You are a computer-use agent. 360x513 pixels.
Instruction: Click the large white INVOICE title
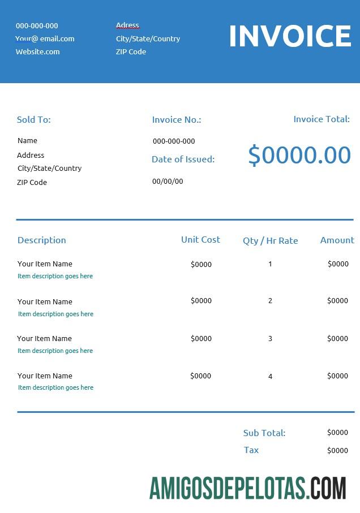click(x=290, y=36)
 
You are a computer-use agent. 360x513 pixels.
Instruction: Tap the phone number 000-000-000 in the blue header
click(x=37, y=25)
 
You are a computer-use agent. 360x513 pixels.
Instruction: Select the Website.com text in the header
click(x=37, y=51)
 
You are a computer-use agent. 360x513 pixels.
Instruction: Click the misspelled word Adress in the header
click(x=127, y=25)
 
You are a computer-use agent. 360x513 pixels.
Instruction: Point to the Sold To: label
click(x=34, y=119)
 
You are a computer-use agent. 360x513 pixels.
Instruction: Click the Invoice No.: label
click(x=177, y=119)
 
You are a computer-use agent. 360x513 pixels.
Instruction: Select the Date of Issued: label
click(x=183, y=159)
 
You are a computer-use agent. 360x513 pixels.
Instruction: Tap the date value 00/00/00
click(x=168, y=181)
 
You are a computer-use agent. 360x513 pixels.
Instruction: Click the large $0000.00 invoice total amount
click(x=299, y=155)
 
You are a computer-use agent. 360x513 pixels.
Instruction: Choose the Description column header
click(x=42, y=240)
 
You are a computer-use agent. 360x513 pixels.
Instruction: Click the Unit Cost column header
click(x=200, y=239)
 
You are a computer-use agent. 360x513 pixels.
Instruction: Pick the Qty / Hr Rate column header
click(x=270, y=240)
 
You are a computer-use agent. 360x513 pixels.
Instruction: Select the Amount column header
click(x=337, y=240)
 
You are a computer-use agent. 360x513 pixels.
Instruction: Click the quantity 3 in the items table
click(x=270, y=338)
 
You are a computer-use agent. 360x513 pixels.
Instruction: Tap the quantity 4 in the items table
click(x=270, y=376)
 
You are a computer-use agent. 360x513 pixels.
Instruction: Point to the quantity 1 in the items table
click(x=270, y=264)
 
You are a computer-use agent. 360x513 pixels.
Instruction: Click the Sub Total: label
click(x=264, y=433)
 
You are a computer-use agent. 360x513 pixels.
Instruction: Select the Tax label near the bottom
click(x=251, y=450)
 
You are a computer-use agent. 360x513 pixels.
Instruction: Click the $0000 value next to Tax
click(x=337, y=450)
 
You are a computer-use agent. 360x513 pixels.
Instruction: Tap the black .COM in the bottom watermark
click(x=327, y=488)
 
